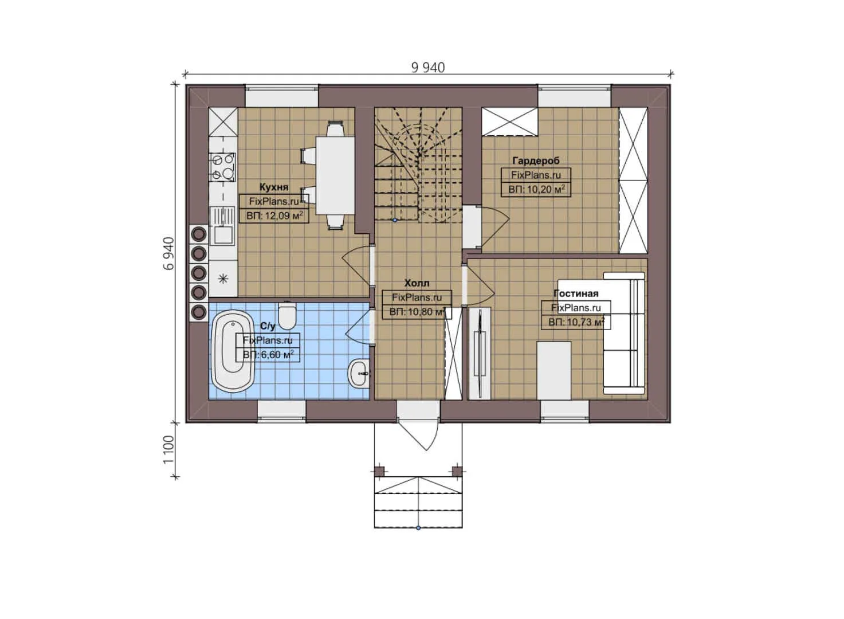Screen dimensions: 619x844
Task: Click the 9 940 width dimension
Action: coord(427,68)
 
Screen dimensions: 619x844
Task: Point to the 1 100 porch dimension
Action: coord(168,449)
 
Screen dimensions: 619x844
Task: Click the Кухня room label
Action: coord(274,187)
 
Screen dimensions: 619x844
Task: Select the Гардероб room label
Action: coord(536,160)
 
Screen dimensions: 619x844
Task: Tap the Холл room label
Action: coord(417,283)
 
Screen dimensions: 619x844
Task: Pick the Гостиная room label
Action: coord(575,293)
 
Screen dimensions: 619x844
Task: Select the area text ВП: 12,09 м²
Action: coord(274,216)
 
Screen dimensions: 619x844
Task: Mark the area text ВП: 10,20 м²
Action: coord(536,189)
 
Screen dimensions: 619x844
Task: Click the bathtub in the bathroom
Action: coord(233,351)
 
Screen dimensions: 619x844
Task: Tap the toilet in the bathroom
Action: coord(286,315)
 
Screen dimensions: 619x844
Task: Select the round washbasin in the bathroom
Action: coord(359,373)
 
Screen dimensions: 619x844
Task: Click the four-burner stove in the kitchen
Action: coord(222,166)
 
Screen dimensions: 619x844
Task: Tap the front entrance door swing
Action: coord(421,436)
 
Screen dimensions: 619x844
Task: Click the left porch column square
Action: coord(379,471)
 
